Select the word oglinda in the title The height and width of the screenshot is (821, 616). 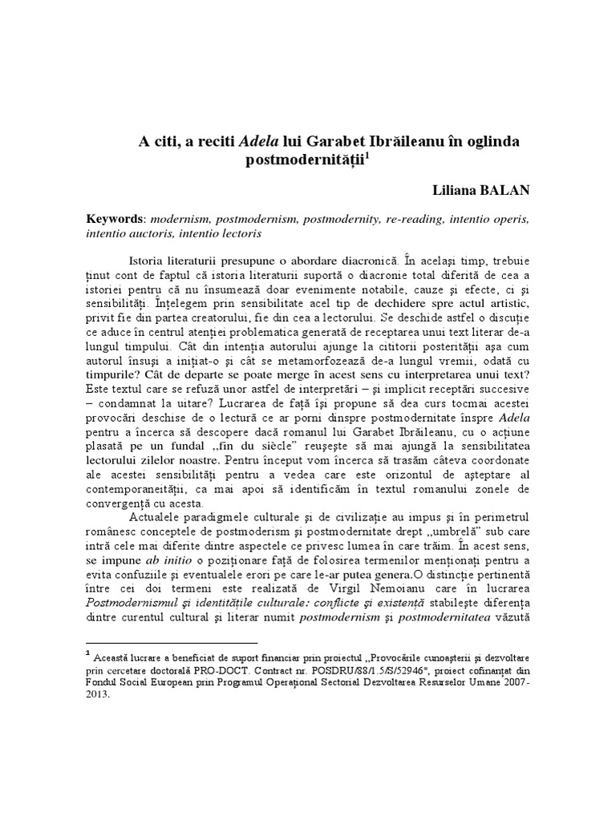pos(488,141)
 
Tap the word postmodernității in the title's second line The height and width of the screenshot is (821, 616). pos(303,160)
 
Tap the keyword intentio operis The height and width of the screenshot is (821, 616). pos(490,218)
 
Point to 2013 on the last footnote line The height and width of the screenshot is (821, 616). pos(99,696)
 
